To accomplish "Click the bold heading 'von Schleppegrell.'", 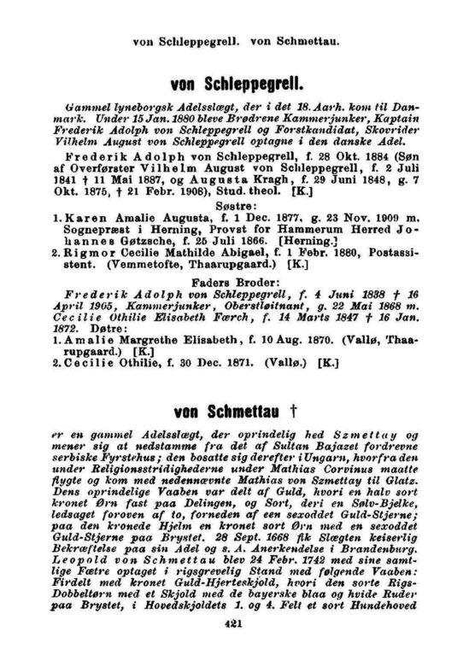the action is coord(234,85).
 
